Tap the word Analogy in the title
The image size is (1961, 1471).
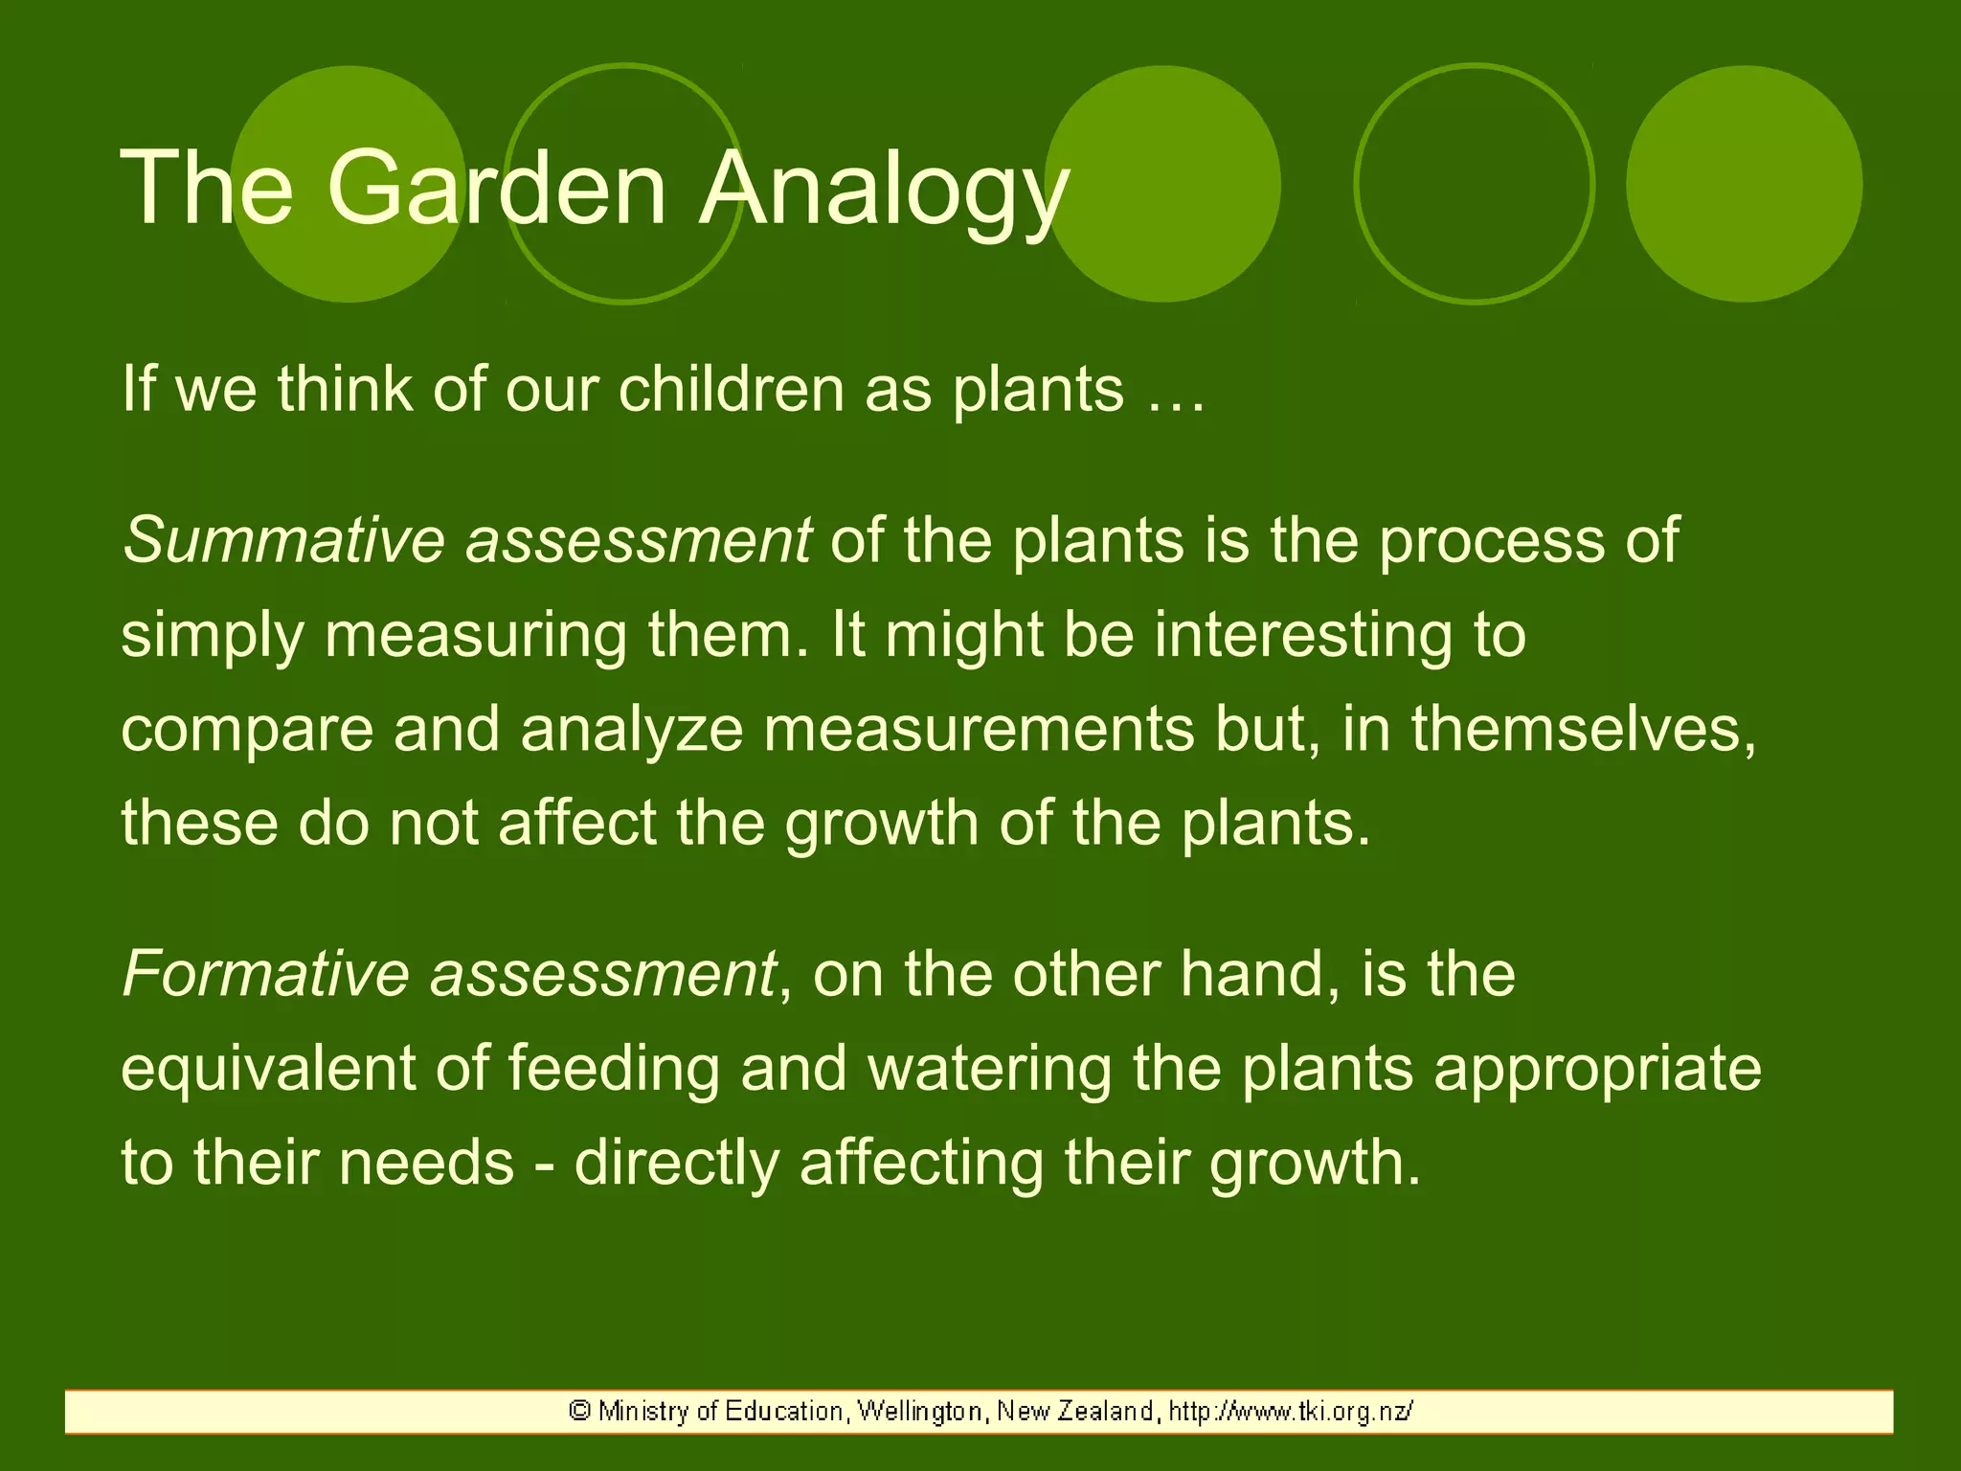coord(883,190)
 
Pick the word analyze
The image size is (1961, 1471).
coord(632,730)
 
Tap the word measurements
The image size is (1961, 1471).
coord(979,730)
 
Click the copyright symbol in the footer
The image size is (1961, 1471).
coord(578,1411)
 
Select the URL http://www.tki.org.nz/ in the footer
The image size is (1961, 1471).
coord(1291,1411)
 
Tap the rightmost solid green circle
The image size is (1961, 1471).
coord(1744,184)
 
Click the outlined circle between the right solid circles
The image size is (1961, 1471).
coord(1475,184)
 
